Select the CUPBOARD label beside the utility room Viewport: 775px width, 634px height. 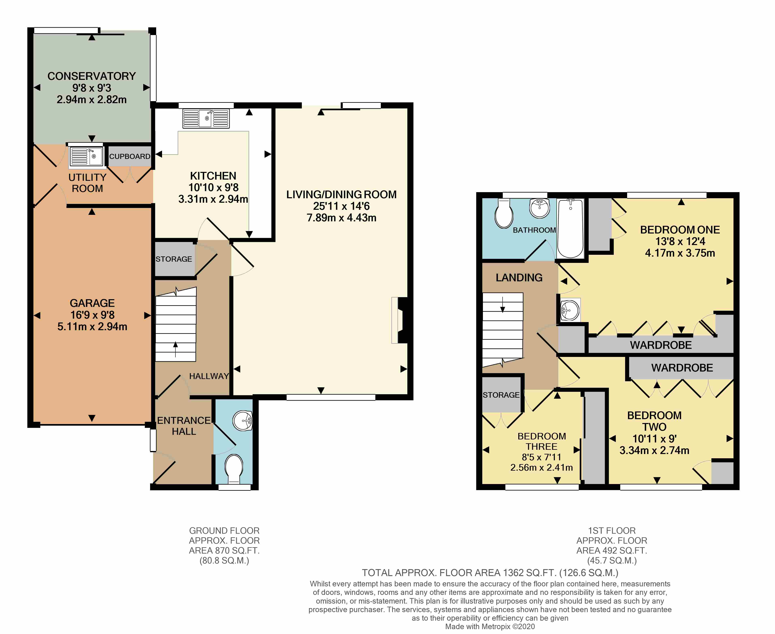130,156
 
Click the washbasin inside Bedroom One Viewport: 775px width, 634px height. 569,311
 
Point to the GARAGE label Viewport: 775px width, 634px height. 92,303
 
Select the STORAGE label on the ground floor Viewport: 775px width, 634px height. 174,259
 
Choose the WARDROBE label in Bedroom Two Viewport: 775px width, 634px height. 682,368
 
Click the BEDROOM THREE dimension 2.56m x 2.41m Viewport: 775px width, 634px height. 541,467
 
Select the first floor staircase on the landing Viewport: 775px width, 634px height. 503,329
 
